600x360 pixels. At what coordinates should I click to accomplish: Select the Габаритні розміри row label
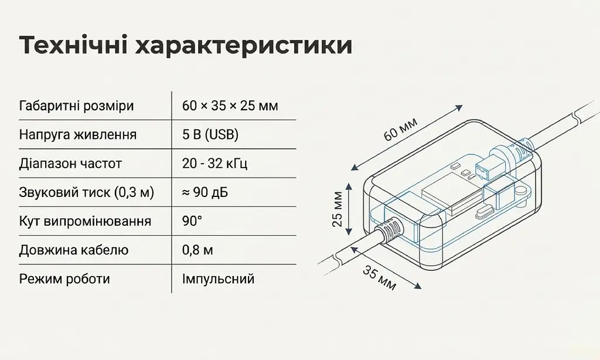[x=77, y=106]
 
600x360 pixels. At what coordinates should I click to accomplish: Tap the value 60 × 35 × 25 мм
[x=230, y=106]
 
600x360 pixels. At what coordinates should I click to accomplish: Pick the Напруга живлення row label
[x=78, y=135]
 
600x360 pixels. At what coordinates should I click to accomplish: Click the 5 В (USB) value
[x=210, y=135]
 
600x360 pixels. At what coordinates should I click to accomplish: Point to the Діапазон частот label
[x=70, y=164]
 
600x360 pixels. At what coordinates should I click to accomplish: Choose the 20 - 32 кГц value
[x=215, y=164]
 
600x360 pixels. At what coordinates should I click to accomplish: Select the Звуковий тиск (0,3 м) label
[x=87, y=192]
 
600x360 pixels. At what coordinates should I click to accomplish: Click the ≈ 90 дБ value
[x=205, y=192]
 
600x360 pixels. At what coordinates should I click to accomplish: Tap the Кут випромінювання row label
[x=85, y=222]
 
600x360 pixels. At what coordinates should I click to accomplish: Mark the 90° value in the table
[x=192, y=221]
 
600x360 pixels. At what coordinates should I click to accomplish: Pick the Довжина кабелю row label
[x=73, y=250]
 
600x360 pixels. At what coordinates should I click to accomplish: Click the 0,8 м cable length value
[x=197, y=250]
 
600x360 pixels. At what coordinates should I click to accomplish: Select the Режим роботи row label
[x=64, y=279]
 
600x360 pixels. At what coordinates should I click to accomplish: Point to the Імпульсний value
[x=218, y=279]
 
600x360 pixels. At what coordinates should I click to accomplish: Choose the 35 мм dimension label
[x=379, y=278]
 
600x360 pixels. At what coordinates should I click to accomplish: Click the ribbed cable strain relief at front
[x=388, y=230]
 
